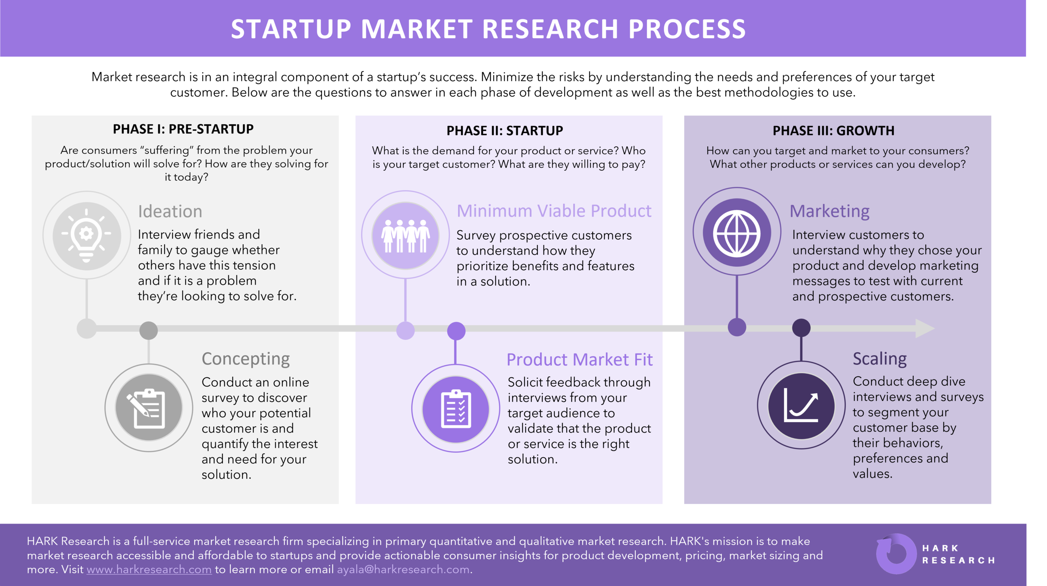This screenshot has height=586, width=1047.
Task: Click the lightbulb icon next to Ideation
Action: pos(87,235)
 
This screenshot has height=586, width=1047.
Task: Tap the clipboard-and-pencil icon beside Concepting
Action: pos(149,408)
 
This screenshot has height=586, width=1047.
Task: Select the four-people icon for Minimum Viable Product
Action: pos(405,235)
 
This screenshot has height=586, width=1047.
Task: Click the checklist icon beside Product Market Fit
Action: pos(456,408)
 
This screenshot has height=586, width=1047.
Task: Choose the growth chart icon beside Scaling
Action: pos(801,405)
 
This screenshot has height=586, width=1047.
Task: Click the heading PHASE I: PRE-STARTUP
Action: pos(183,129)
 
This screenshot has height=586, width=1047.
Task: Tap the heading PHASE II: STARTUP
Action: pos(505,131)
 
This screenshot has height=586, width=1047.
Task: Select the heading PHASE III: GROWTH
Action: pos(833,131)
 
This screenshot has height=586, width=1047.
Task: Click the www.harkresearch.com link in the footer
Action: pos(149,570)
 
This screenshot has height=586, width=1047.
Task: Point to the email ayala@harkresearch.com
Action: pos(403,570)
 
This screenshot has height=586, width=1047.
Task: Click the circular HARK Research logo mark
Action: pos(896,554)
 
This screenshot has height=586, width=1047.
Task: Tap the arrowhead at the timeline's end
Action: pos(925,328)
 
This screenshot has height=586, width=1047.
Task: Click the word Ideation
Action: pos(170,212)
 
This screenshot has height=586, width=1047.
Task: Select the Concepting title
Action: pos(245,359)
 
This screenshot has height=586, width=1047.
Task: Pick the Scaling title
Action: pos(879,359)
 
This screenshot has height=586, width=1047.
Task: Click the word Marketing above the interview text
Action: pos(829,211)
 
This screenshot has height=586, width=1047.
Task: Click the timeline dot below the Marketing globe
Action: pos(737,327)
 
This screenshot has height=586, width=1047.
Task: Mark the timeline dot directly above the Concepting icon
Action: pos(149,330)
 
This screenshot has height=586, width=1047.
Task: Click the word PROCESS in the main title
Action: pos(687,29)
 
